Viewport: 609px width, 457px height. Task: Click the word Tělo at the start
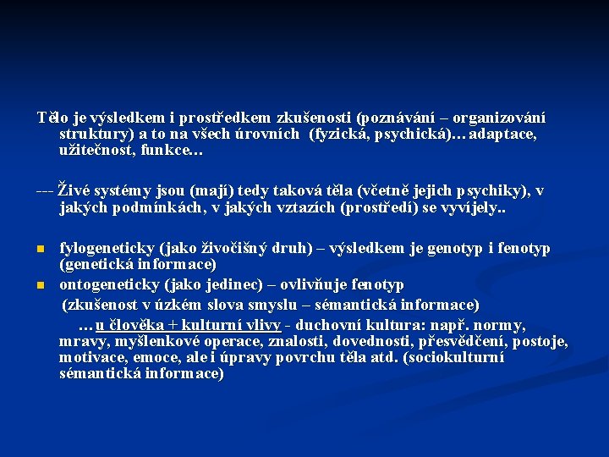click(50, 117)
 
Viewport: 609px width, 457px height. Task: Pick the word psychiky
click(481, 190)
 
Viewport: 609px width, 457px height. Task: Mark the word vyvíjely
click(474, 207)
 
